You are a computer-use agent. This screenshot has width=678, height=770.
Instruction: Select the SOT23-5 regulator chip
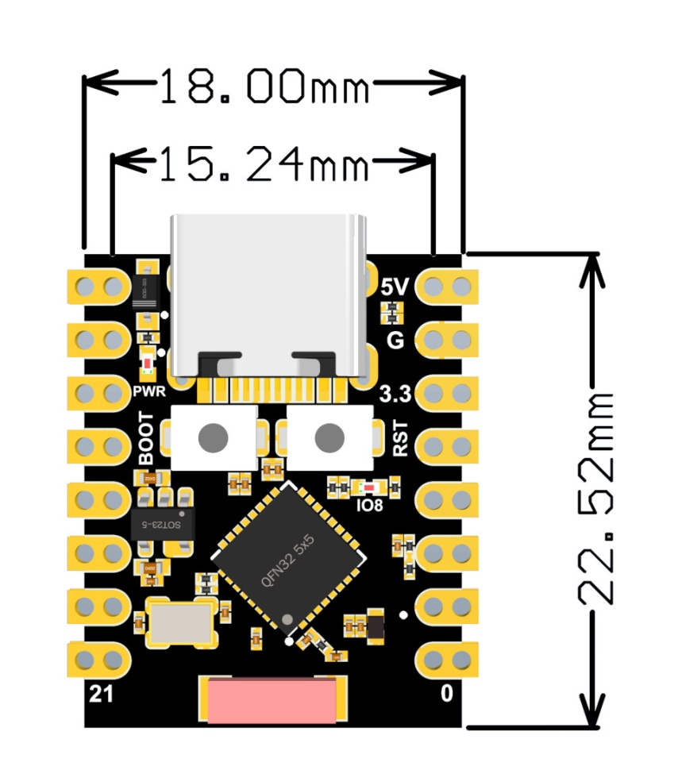point(162,525)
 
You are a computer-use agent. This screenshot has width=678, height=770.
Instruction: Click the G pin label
point(395,341)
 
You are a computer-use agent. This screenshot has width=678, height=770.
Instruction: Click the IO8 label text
point(370,504)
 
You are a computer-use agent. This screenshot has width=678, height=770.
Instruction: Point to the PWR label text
point(148,392)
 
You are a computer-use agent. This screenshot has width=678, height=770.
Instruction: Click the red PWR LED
point(147,364)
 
